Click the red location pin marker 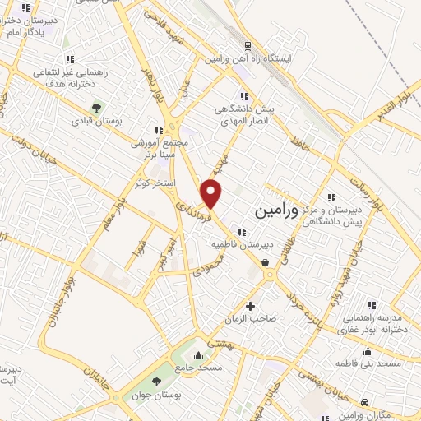[212, 194]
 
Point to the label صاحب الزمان [250, 317]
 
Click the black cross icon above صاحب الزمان [250, 305]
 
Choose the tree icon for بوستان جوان [157, 380]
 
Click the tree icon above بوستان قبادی [96, 107]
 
